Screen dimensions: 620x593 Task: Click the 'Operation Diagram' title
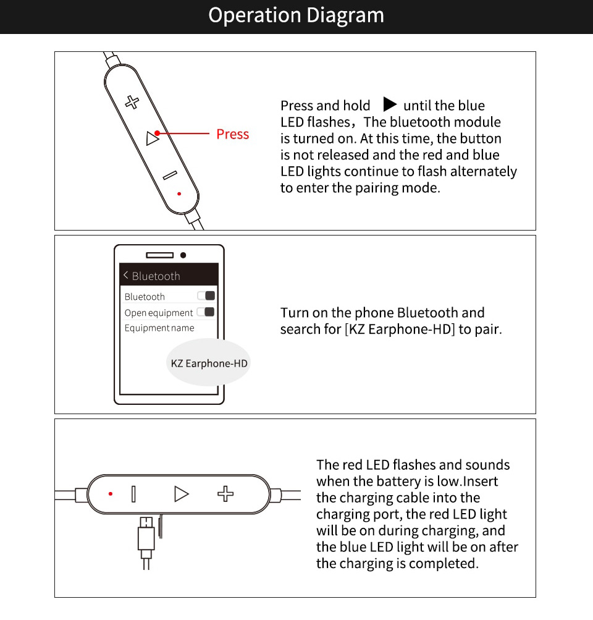point(296,15)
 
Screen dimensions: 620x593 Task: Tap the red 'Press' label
point(232,134)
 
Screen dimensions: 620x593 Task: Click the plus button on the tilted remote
point(132,102)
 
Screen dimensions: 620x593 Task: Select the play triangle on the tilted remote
point(152,138)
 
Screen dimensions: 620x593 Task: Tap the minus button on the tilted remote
point(170,176)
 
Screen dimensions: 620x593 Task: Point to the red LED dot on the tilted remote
point(179,193)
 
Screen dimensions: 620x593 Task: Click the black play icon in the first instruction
point(389,104)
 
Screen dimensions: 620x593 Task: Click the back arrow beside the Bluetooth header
point(125,275)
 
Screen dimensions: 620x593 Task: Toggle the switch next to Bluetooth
point(206,296)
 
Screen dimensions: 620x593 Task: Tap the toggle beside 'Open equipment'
point(206,312)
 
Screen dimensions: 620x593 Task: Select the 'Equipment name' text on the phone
point(159,328)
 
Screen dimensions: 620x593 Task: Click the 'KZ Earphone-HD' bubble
point(209,363)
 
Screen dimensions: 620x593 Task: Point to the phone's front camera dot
point(183,255)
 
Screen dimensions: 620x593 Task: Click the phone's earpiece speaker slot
point(159,255)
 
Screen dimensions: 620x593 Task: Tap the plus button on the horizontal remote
point(225,493)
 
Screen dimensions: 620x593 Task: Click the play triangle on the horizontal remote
point(180,493)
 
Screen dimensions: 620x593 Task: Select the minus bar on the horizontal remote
point(133,493)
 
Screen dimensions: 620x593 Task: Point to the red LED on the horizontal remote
point(111,493)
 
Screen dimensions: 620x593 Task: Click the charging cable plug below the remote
point(145,535)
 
